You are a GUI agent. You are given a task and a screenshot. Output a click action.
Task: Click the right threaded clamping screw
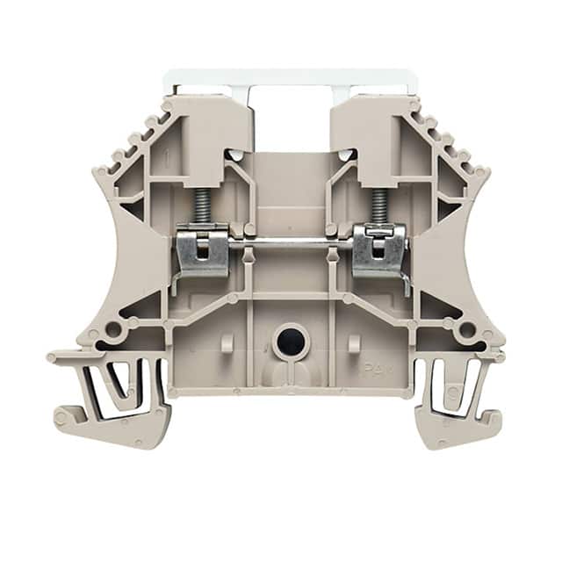coord(378,205)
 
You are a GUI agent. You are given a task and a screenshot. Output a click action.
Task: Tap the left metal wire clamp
coord(201,249)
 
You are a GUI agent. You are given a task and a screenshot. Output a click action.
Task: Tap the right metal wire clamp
coord(379,249)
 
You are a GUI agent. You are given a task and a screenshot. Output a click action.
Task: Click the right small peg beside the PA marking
coord(354,342)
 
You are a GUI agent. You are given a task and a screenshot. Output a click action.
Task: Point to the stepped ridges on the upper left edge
coord(132,141)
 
